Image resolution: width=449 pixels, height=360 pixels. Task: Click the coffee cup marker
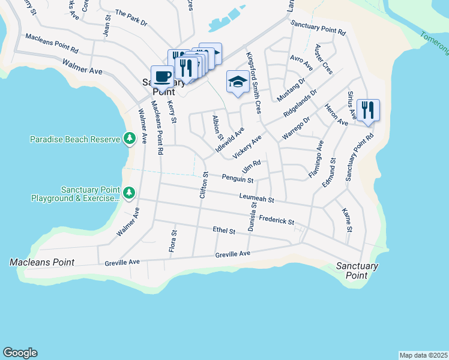(162, 77)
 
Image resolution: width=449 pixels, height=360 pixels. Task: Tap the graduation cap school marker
(238, 82)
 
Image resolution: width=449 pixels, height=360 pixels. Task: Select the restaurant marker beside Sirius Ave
(368, 110)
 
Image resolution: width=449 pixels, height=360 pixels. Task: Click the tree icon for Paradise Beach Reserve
(129, 139)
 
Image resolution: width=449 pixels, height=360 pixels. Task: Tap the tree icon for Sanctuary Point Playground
(129, 193)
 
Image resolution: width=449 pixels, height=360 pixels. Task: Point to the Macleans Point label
(42, 262)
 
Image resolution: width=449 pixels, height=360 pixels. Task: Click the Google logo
(20, 353)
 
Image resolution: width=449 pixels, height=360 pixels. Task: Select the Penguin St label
(237, 179)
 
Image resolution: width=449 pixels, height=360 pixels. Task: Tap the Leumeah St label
(256, 198)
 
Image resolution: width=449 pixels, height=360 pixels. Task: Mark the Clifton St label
(203, 185)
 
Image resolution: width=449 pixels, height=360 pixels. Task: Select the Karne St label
(346, 220)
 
